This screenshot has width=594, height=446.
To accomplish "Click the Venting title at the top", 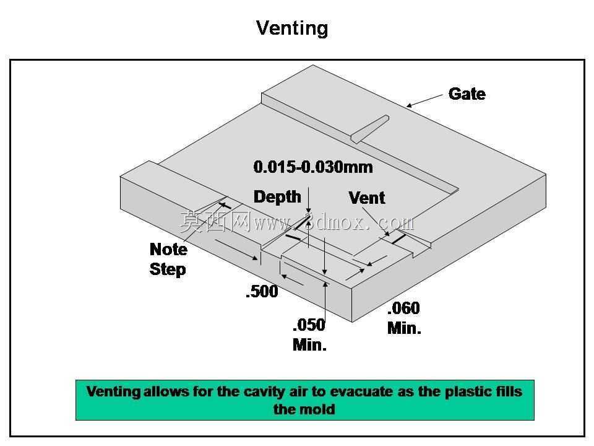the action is pos(292,28).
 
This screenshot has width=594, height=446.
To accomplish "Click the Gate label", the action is pos(467,94).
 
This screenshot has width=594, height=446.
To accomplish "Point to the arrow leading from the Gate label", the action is pos(424,100).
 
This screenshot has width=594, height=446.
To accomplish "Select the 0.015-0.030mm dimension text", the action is pos(313,167).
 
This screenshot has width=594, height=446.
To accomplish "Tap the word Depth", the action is pos(277,197).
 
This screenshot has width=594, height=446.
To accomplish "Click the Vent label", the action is pos(367,198).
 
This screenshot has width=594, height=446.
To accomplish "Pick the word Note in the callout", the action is pos(168,249).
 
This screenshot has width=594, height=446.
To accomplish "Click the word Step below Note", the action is pos(168,269).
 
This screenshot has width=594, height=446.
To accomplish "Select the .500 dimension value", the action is pos(262,291).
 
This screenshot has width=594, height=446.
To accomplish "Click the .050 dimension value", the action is pos(309,325).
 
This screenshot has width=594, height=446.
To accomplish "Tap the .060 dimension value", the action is pos(404,308).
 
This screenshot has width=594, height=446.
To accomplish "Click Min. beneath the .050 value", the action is pos(309,345).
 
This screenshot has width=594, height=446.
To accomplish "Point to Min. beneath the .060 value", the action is pos(404,328).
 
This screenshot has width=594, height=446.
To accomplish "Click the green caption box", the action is pos(305,400).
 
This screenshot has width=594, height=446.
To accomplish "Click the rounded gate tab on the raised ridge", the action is pos(370,129).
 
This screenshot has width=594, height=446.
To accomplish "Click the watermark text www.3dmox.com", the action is pos(334,222).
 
